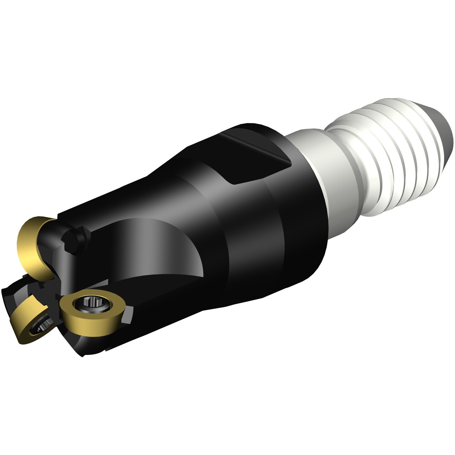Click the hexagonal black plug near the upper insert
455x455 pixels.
click(x=73, y=241)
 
